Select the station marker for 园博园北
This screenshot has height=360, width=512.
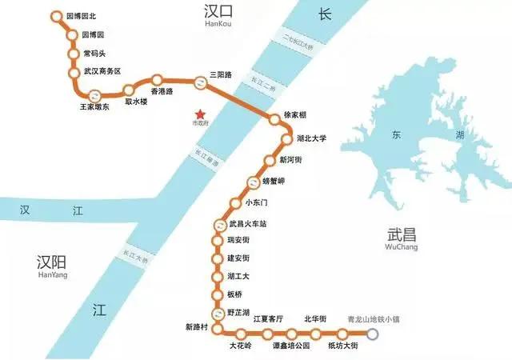55,16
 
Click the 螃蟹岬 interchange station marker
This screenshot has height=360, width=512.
255,181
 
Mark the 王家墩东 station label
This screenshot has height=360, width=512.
95,106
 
